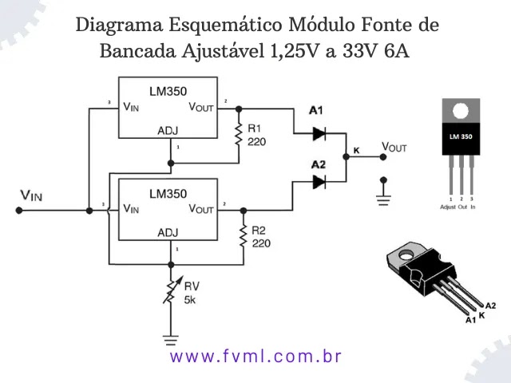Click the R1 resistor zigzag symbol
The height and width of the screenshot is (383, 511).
237,133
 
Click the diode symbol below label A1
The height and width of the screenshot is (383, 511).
319,133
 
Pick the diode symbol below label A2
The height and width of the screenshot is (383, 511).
319,183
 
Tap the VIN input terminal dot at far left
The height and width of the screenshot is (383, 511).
18,211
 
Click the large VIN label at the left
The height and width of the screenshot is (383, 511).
33,195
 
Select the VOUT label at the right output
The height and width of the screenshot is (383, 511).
394,148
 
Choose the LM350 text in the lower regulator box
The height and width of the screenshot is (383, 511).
167,193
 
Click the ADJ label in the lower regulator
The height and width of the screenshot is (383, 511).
168,233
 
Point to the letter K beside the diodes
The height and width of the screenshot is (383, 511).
356,151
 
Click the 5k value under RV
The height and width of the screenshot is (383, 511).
190,300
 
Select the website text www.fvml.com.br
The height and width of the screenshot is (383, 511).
255,356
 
